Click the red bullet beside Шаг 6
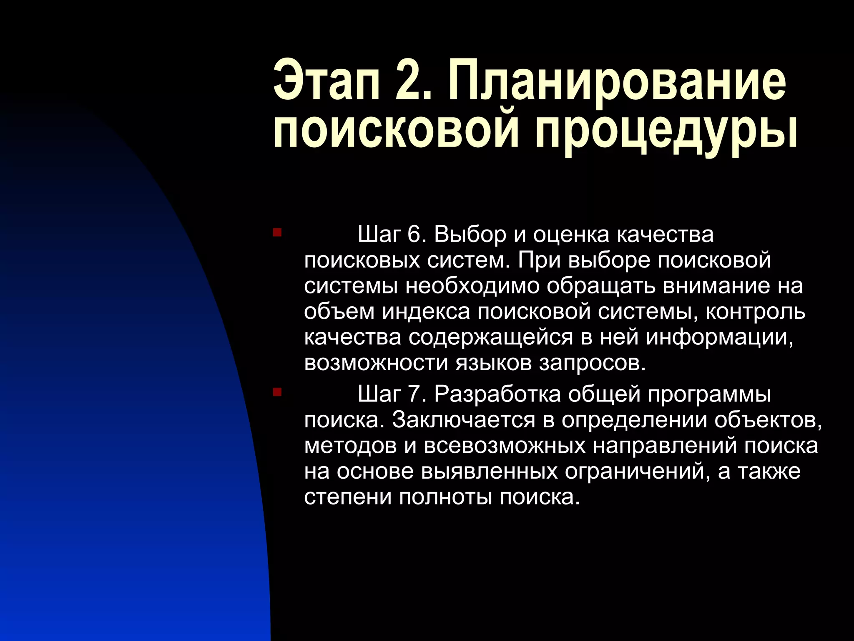[277, 232]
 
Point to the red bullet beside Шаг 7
[277, 392]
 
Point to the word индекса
[426, 312]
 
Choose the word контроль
[755, 312]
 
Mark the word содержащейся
[490, 338]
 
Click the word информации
[719, 338]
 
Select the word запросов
[592, 363]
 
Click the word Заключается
[463, 420]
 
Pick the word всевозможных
[505, 446]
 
